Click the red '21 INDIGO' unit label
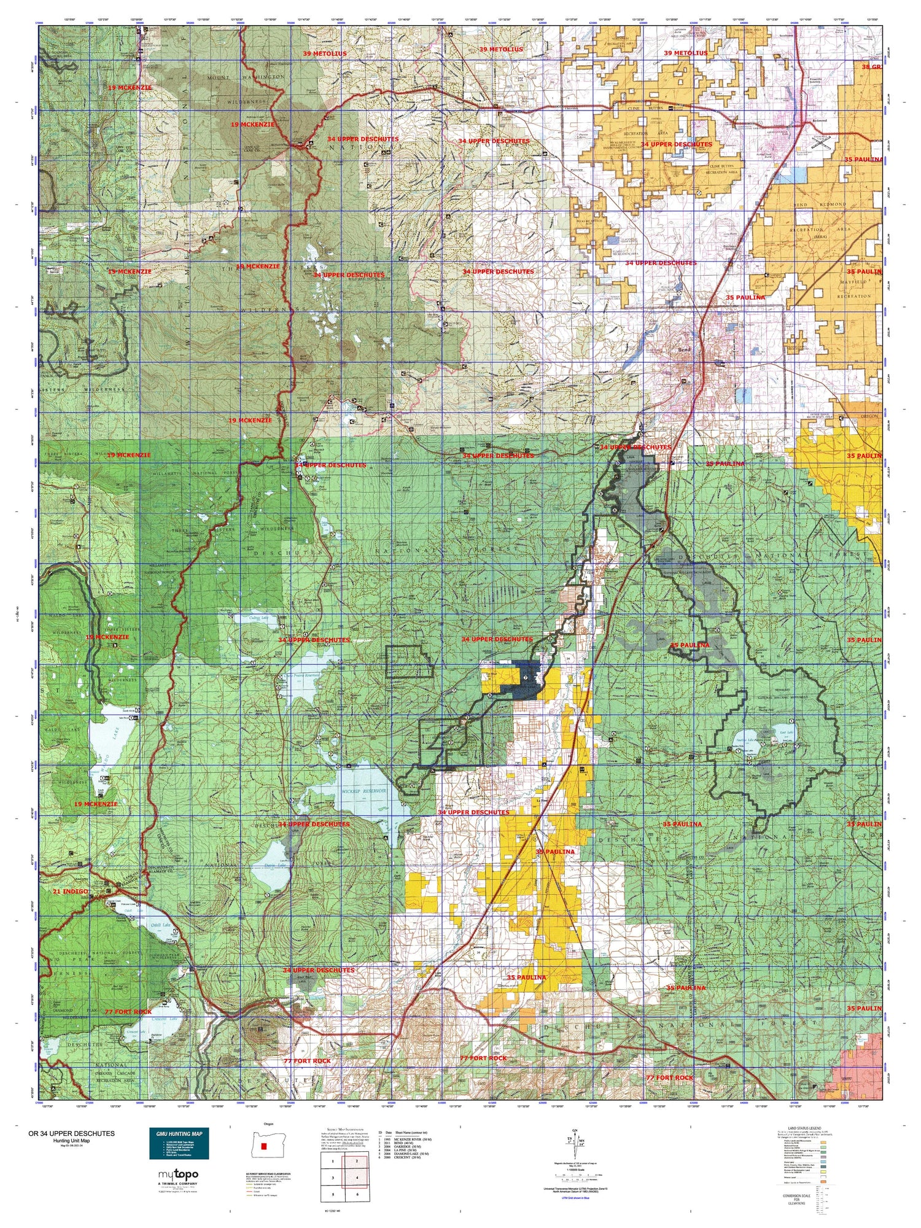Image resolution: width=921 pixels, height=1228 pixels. tap(70, 891)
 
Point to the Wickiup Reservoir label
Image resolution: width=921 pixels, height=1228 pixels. tap(363, 791)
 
